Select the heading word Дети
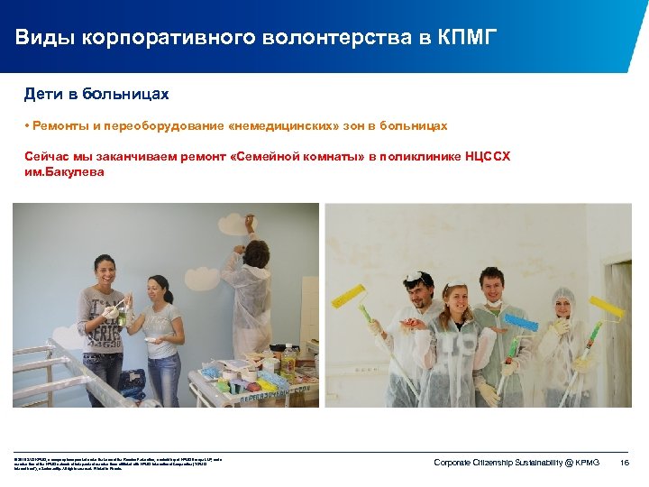pyautogui.click(x=43, y=94)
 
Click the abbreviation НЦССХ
pyautogui.click(x=488, y=157)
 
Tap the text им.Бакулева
pyautogui.click(x=65, y=171)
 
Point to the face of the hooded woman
pyautogui.click(x=562, y=308)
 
